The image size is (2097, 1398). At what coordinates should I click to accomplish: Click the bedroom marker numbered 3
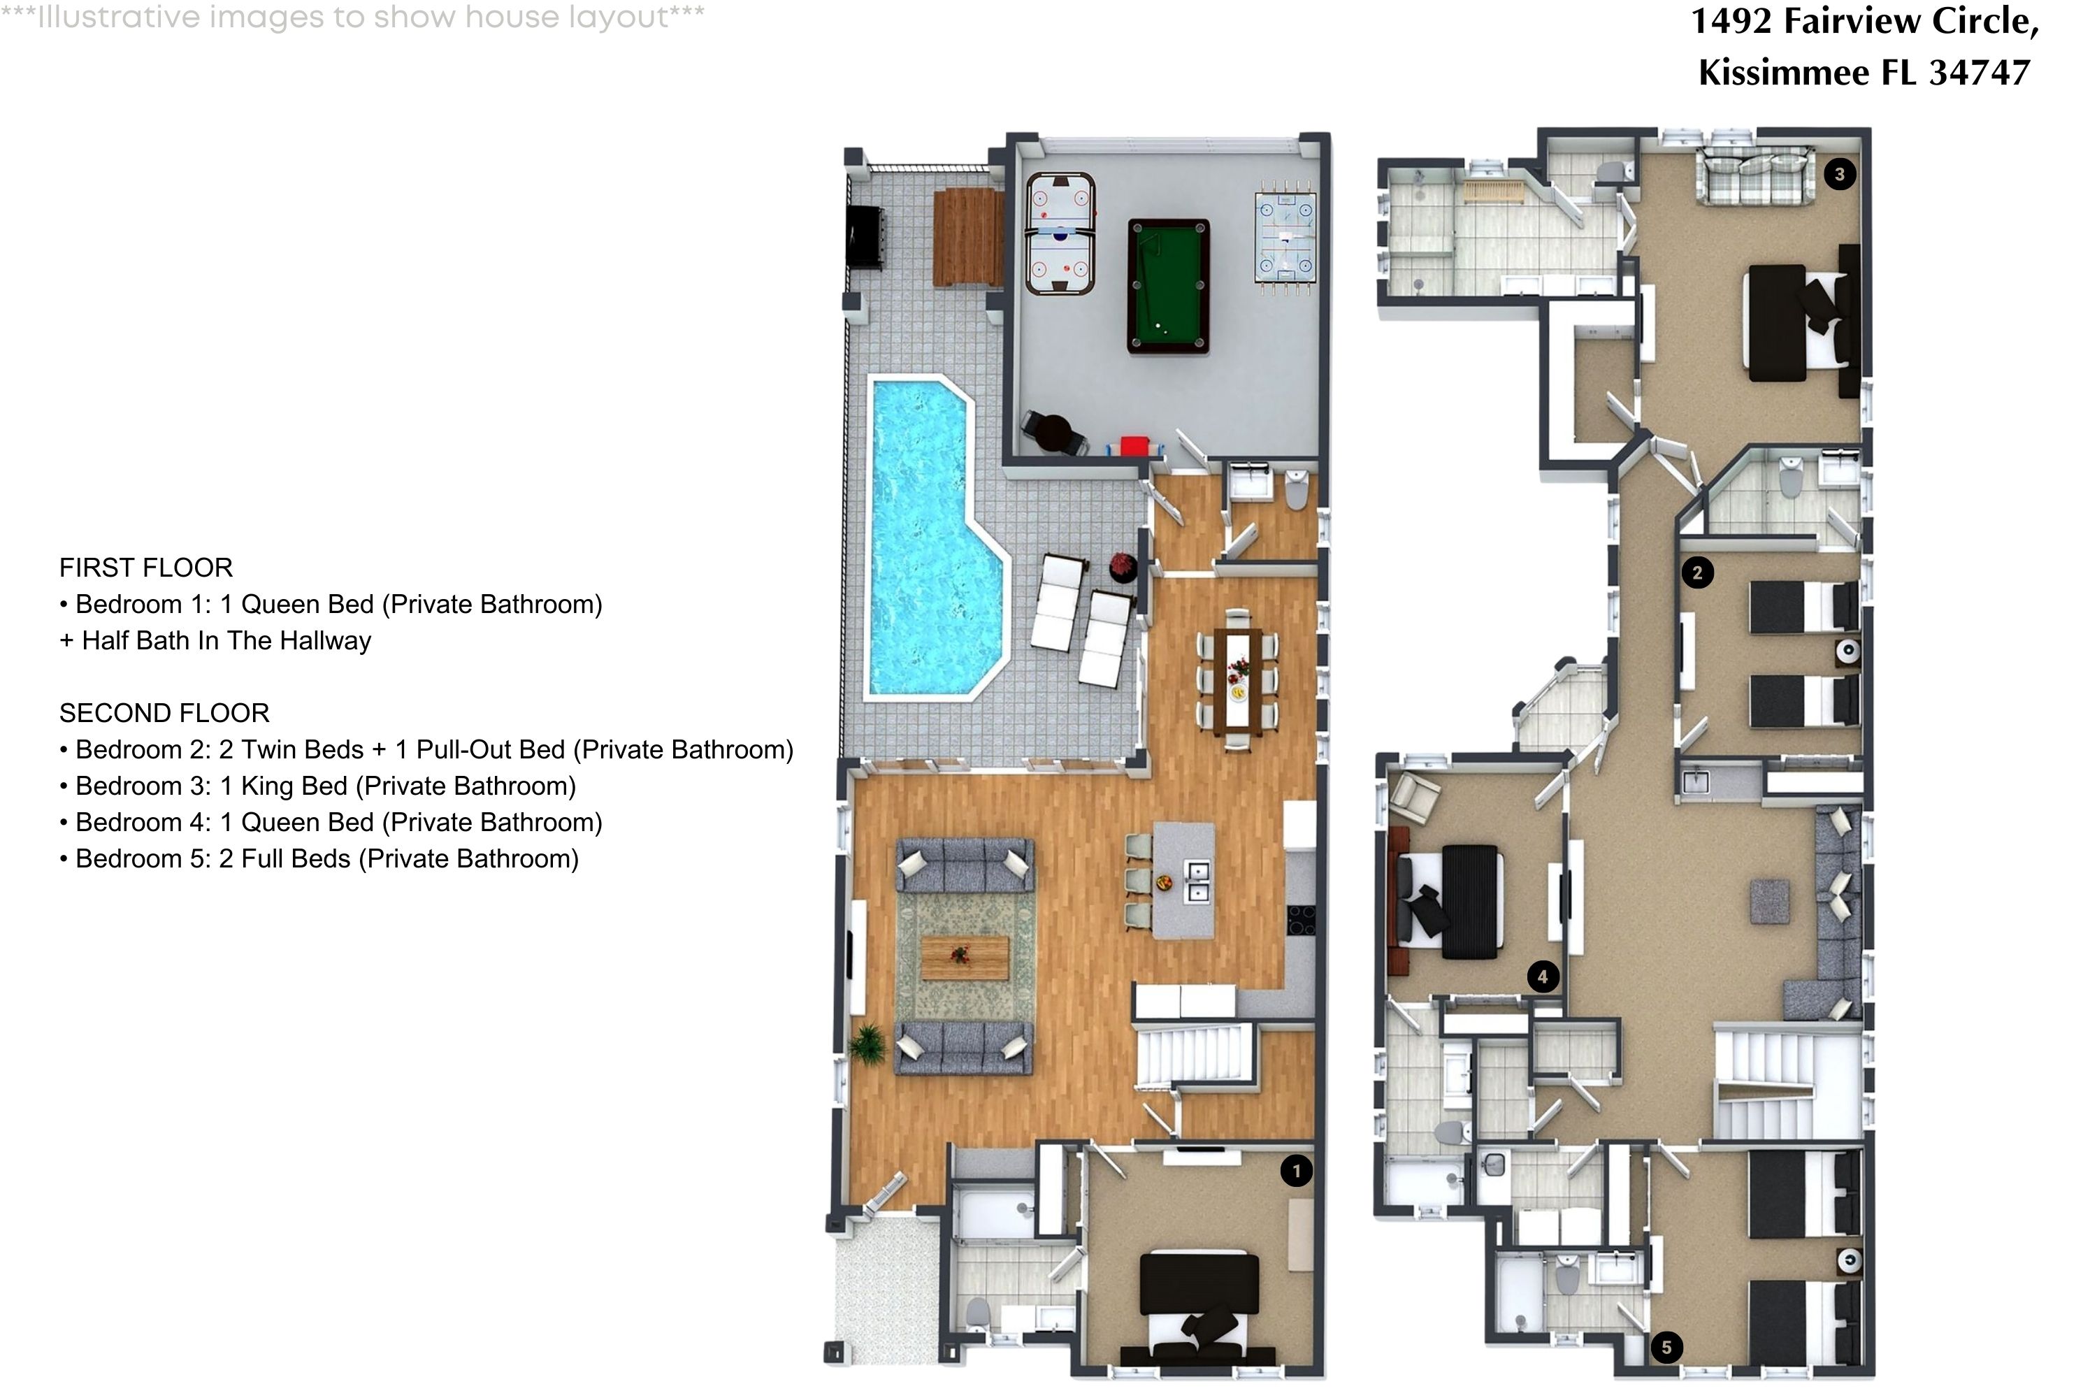pyautogui.click(x=1839, y=174)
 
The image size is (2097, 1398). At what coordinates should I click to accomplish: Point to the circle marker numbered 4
pyautogui.click(x=1543, y=977)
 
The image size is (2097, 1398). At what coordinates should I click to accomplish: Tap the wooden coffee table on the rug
pyautogui.click(x=965, y=958)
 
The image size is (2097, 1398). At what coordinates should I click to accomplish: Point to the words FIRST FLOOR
pyautogui.click(x=146, y=568)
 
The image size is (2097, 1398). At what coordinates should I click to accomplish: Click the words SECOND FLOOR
pyautogui.click(x=164, y=713)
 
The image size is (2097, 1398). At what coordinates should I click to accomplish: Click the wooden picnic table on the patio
pyautogui.click(x=967, y=237)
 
